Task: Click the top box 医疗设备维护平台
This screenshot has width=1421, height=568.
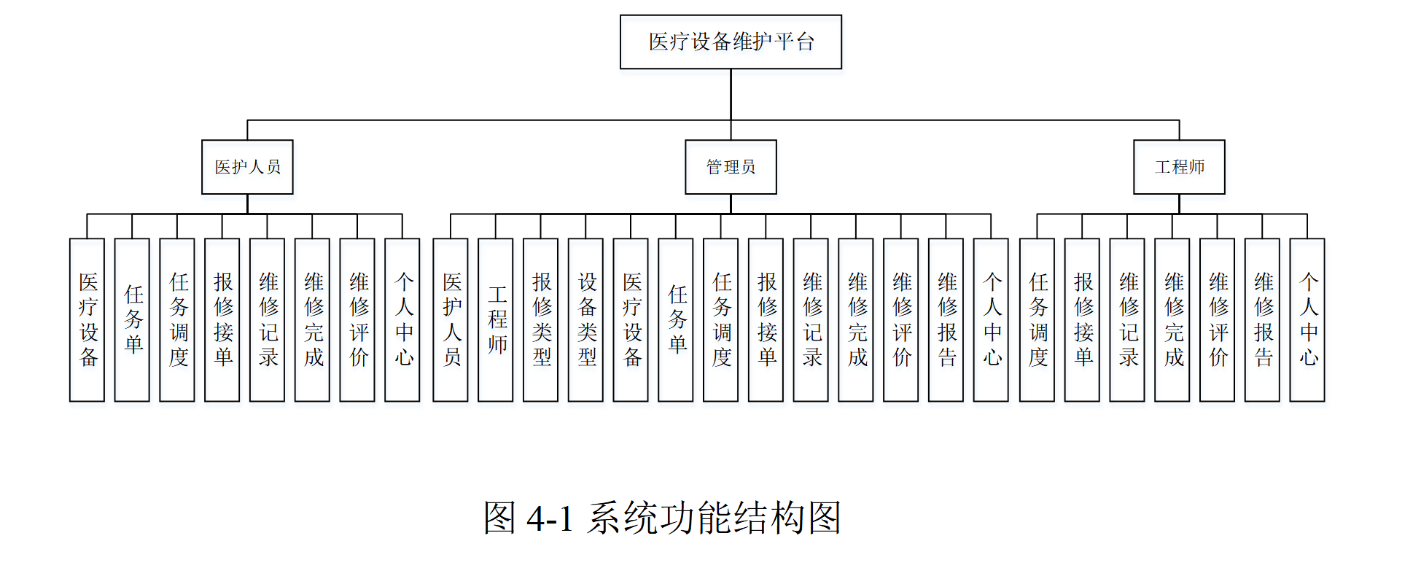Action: [731, 42]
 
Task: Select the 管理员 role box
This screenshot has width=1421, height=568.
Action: [731, 167]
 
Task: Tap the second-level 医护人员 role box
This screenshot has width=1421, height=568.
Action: [247, 167]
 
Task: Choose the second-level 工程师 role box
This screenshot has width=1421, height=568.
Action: [1179, 167]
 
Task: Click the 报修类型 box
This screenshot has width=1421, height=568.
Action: [540, 319]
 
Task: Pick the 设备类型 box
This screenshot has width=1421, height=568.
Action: [585, 319]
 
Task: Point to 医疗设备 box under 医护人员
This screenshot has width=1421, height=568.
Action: [87, 319]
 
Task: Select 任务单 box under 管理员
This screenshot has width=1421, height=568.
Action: [676, 319]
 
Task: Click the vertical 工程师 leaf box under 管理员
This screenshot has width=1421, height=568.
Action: [496, 319]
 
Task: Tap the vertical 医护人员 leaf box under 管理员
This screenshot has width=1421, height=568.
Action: [451, 319]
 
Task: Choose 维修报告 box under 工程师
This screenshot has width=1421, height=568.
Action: [1262, 319]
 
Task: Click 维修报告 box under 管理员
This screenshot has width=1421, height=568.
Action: [946, 319]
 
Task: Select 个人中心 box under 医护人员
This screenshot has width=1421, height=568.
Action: [402, 319]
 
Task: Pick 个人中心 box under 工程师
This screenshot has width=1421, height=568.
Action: [1307, 319]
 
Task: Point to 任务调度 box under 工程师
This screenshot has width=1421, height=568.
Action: [1037, 319]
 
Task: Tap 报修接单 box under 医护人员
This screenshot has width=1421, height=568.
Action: [222, 319]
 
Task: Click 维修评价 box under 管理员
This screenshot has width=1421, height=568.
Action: [901, 319]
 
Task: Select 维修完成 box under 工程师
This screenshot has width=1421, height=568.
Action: [1172, 319]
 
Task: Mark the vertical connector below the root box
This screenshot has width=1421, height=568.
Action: [731, 95]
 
